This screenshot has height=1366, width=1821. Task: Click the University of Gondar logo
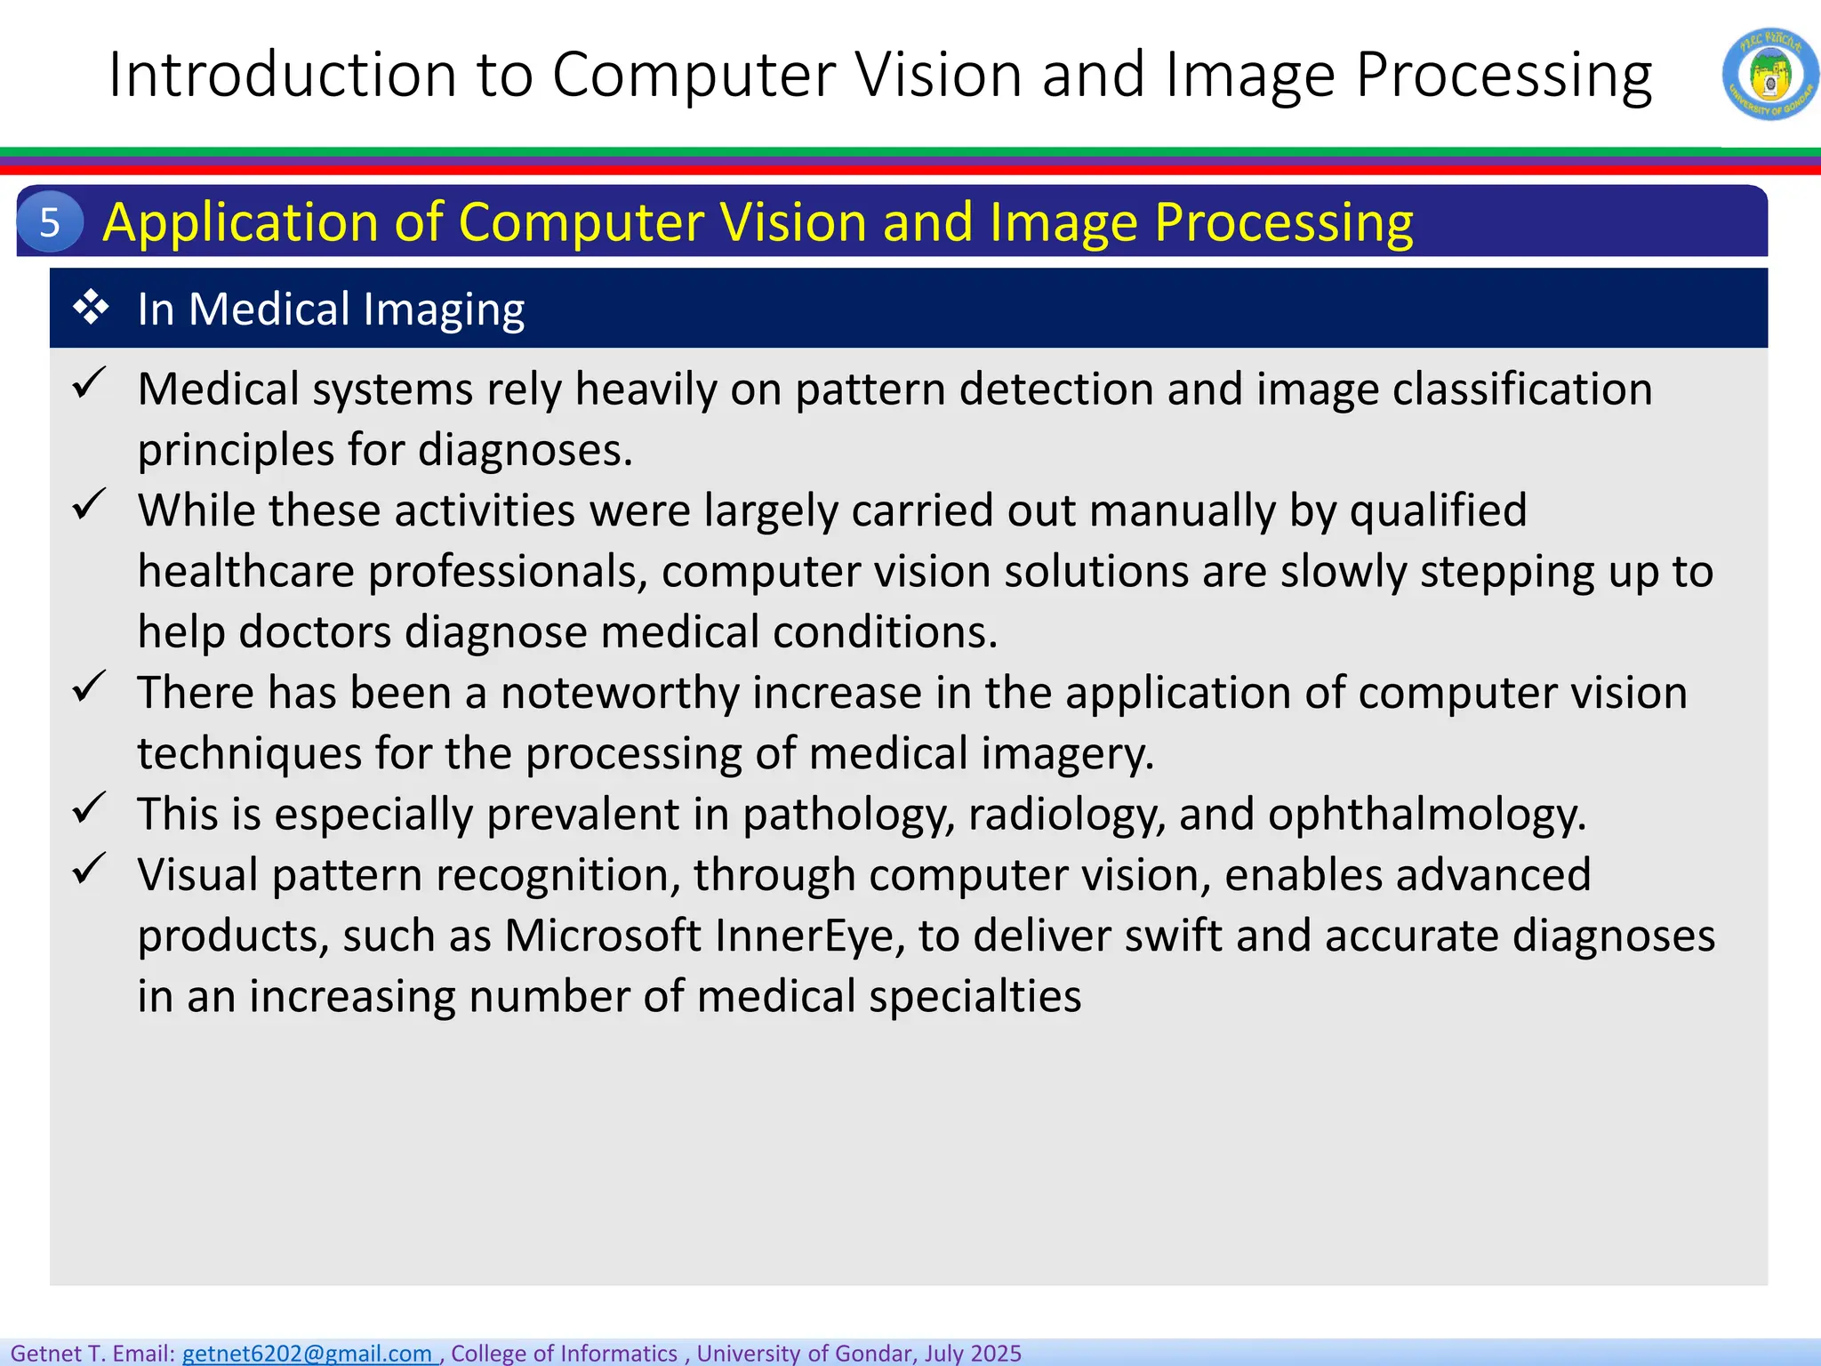[1769, 74]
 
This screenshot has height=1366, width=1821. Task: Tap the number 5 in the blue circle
[50, 221]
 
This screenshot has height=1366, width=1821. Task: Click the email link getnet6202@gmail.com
[308, 1353]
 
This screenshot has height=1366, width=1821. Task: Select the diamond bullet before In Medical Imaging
[91, 309]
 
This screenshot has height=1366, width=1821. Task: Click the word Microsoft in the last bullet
[603, 936]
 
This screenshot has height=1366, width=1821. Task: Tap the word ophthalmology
[1425, 815]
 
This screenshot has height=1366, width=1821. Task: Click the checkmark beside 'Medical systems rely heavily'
[89, 383]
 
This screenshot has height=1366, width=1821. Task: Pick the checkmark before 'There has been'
[89, 687]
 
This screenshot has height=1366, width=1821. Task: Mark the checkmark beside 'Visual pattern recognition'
[89, 869]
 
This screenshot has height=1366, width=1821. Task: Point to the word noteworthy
[620, 693]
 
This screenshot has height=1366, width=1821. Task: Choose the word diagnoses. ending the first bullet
[525, 450]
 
